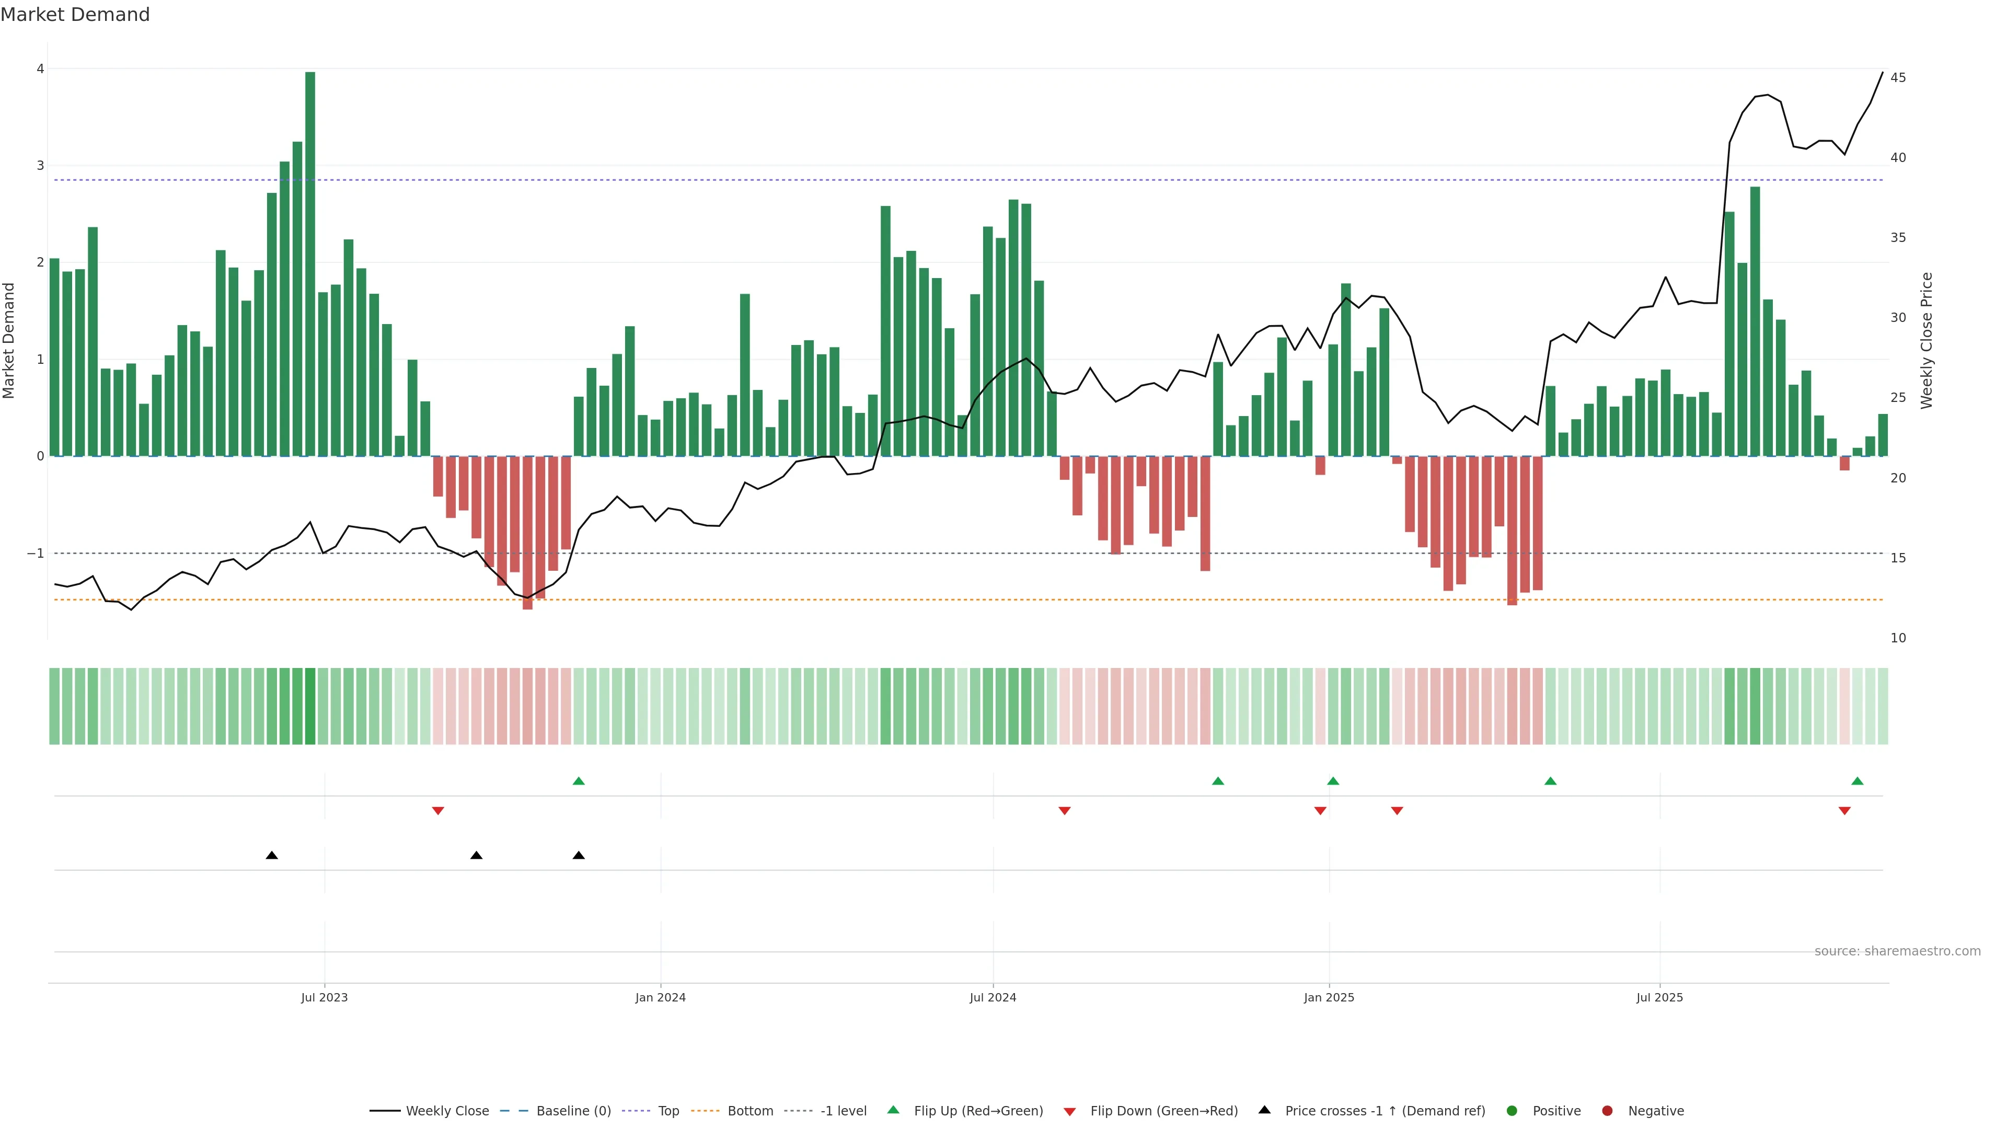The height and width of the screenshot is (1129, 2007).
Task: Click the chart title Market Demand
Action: coord(75,15)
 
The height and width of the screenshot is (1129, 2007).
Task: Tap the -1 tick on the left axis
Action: coord(36,553)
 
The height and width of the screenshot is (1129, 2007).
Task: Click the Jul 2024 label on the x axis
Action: coord(993,997)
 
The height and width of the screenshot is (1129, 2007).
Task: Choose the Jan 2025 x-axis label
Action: coord(1329,997)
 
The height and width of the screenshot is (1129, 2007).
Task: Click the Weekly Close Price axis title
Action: coord(1927,340)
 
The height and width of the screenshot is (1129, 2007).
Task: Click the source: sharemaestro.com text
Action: coord(1897,951)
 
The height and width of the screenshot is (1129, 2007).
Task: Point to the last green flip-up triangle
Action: coord(1858,781)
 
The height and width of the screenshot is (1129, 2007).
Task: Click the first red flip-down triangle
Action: coord(438,811)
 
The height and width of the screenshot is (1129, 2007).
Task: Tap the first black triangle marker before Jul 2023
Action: coord(272,856)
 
